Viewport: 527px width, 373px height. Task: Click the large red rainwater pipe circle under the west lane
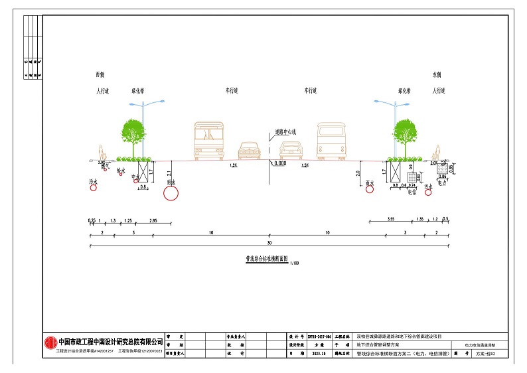coord(171,192)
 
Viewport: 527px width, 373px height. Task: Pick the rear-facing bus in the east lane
coord(331,141)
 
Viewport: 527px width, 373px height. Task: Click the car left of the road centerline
coord(249,150)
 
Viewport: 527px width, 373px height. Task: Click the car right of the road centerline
coord(291,150)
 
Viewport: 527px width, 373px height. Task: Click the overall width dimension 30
coord(269,244)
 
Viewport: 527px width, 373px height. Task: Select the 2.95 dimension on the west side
coord(153,220)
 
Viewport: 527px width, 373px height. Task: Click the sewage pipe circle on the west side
coord(94,188)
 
